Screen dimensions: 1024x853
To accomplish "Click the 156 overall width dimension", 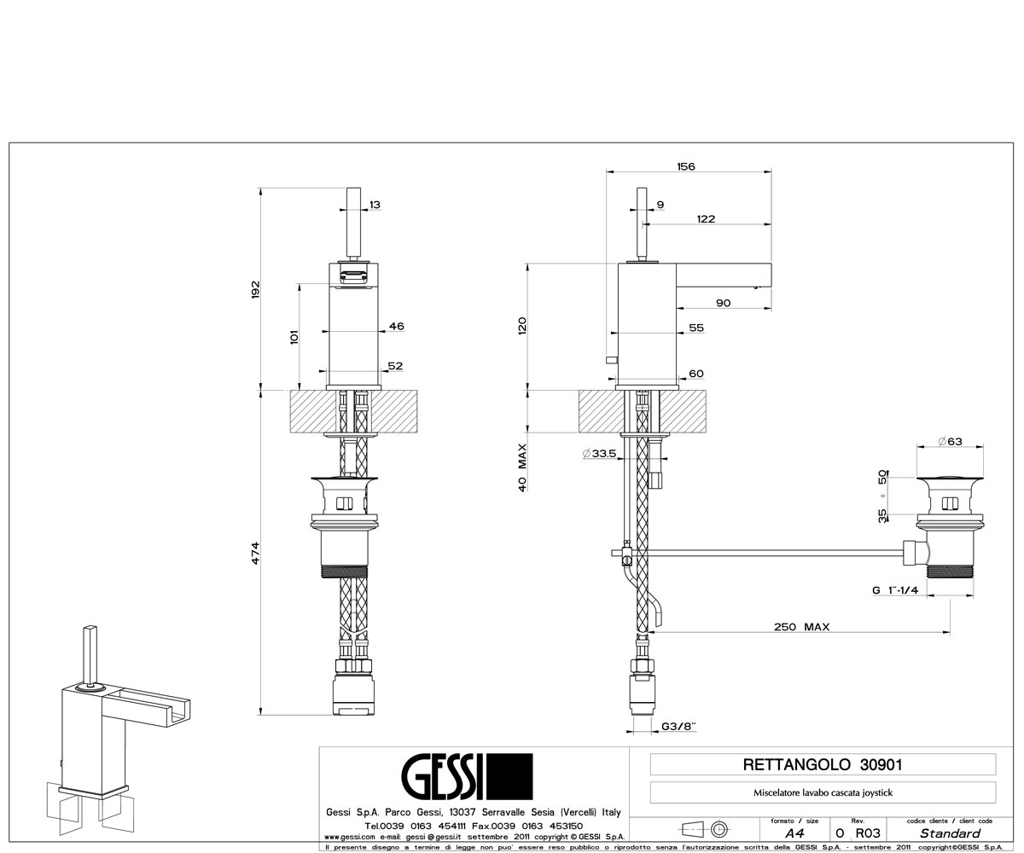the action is tap(685, 166).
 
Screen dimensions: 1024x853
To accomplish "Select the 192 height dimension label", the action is tap(255, 290).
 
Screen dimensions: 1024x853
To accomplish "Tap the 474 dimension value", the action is tap(255, 553).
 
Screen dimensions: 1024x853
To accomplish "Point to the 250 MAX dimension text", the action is tap(802, 626).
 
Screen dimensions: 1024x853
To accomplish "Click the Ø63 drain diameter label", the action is tap(950, 441).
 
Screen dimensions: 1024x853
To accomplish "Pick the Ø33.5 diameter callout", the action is tap(599, 454).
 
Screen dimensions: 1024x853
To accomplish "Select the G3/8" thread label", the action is tap(678, 726).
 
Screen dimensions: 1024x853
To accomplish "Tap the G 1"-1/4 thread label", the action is tap(895, 590).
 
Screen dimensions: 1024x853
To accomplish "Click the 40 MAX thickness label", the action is tap(522, 467).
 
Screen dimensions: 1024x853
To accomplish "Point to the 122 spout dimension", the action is tap(706, 219).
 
